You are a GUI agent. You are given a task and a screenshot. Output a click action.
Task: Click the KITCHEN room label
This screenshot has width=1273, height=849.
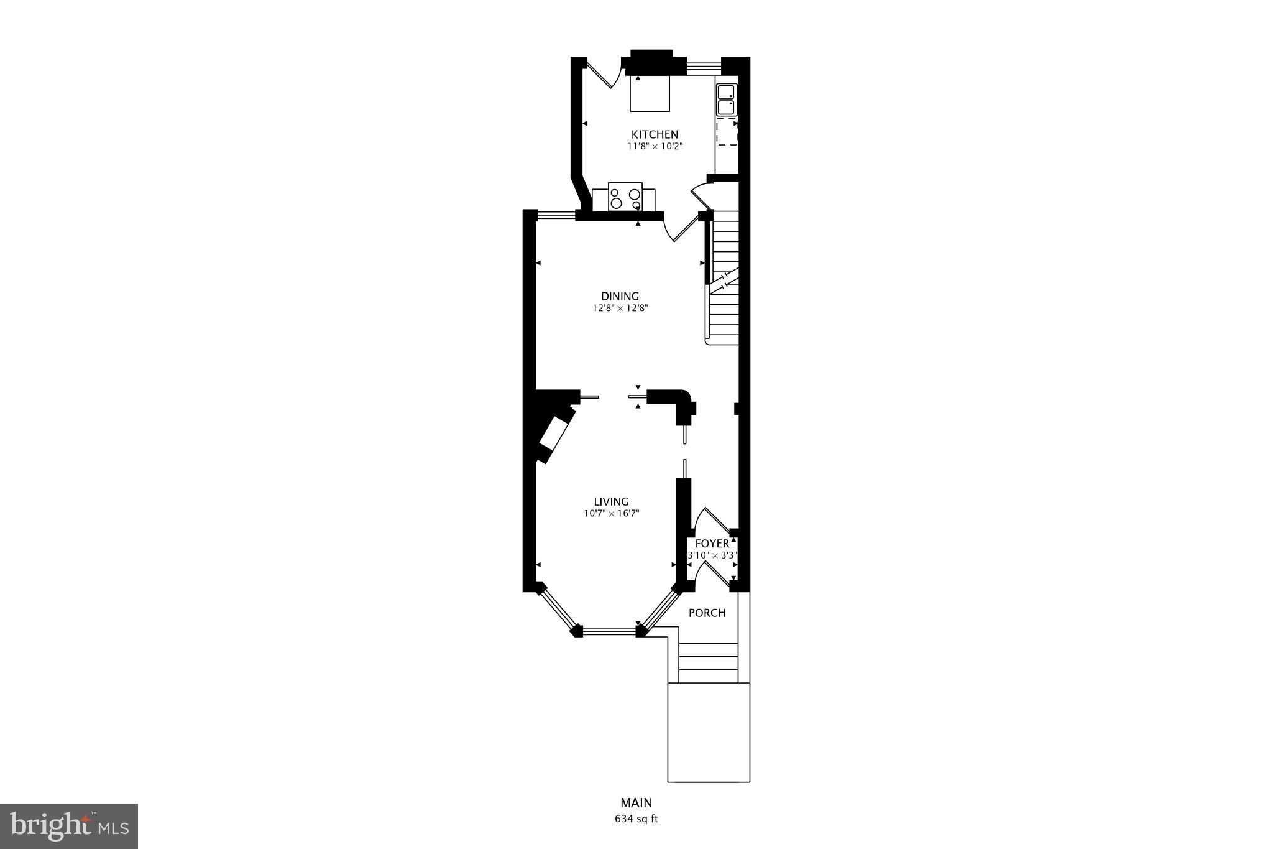(655, 134)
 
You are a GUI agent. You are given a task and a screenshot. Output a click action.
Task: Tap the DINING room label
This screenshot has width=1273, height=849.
(620, 296)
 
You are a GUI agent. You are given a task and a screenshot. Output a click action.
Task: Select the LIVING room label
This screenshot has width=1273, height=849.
(611, 501)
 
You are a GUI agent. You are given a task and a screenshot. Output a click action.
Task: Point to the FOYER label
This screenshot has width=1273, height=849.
(712, 544)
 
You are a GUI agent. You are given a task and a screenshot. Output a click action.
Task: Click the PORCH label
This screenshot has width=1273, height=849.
(707, 613)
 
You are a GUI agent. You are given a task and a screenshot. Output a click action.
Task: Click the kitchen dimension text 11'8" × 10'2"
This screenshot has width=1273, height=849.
(655, 147)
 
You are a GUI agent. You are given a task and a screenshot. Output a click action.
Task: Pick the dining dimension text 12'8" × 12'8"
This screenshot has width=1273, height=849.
(620, 308)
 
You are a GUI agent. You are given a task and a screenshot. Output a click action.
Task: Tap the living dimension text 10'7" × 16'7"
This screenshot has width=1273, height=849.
(611, 514)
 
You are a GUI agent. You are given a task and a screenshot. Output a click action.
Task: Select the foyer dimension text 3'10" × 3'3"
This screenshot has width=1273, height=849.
(711, 555)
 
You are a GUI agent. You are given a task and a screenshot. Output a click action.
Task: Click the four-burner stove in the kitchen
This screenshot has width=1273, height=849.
(625, 197)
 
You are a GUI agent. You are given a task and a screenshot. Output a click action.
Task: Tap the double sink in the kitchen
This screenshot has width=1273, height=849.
(725, 100)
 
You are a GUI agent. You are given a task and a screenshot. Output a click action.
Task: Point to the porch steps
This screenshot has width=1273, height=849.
(709, 663)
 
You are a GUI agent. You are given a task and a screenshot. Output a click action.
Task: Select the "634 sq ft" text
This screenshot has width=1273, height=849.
(636, 819)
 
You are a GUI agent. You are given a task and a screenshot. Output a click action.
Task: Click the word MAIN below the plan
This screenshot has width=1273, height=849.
(636, 803)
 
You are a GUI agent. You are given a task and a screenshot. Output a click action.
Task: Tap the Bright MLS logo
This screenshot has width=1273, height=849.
(69, 826)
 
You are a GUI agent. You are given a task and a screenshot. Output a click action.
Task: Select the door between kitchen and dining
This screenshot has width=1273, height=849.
(682, 228)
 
